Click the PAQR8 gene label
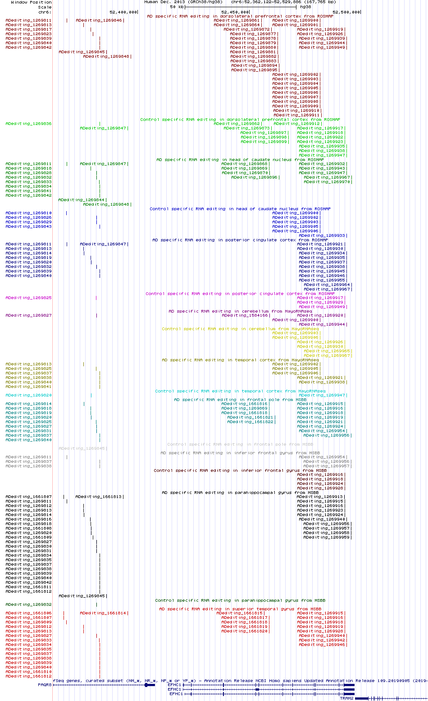coord(45,685)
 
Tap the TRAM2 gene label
coord(346,698)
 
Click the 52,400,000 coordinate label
coord(123,12)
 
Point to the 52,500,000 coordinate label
coord(346,12)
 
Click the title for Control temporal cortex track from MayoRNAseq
coord(240,391)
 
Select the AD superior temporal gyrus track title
coord(240,609)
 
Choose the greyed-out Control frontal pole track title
coord(240,444)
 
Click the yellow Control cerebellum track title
coord(240,329)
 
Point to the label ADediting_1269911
coord(296,115)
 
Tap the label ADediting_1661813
coord(99,497)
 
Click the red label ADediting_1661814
coord(103,613)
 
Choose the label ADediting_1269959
coord(326,537)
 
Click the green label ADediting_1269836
coord(28,124)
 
